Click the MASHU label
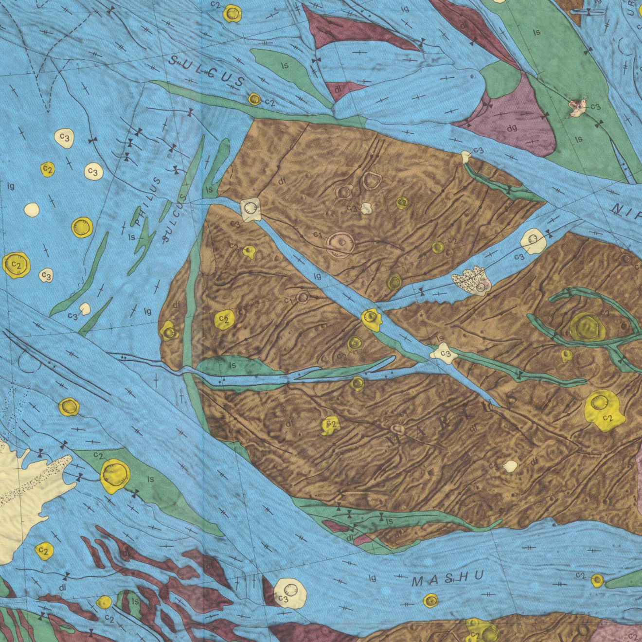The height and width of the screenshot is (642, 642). (447, 579)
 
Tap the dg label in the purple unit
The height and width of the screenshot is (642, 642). (512, 128)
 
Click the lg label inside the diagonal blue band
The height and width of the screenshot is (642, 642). (317, 276)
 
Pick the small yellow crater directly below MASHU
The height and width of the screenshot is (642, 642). (430, 601)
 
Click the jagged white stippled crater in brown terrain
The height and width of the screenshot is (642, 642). (471, 281)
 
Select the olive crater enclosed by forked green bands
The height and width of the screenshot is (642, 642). (587, 326)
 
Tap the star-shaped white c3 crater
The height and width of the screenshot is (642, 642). (444, 353)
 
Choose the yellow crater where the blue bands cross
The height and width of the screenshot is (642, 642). (372, 319)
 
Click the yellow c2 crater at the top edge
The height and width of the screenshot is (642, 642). (232, 13)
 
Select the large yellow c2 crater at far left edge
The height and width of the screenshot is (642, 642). (17, 265)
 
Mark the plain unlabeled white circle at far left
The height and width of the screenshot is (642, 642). (32, 210)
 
